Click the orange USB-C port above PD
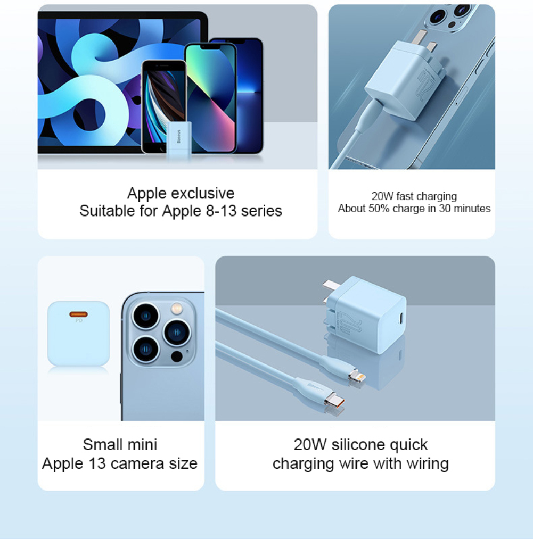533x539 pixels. coord(78,314)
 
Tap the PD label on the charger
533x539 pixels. coord(79,321)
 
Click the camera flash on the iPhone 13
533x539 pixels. coord(177,308)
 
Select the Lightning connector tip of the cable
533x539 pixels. coord(357,376)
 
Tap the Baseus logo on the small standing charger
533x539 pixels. coord(178,136)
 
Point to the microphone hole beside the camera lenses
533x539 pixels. coord(187,352)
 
